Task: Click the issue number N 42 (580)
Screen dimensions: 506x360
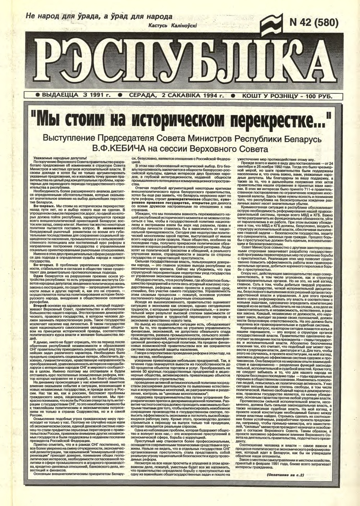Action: [314, 23]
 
